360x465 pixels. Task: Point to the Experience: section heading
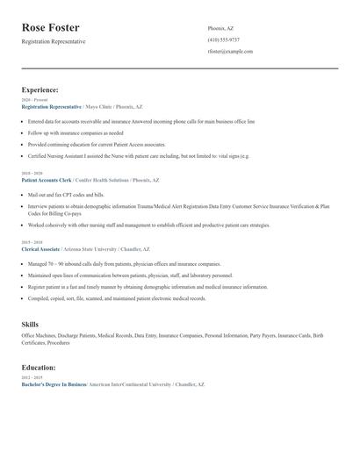tap(40, 89)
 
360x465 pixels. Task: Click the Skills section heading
tap(30, 325)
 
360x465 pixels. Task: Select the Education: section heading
tap(39, 368)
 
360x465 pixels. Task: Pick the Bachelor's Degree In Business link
tap(54, 384)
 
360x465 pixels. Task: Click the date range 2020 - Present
tap(34, 100)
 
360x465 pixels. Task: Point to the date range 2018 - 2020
tap(32, 174)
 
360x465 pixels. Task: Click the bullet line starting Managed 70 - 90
tap(124, 263)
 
